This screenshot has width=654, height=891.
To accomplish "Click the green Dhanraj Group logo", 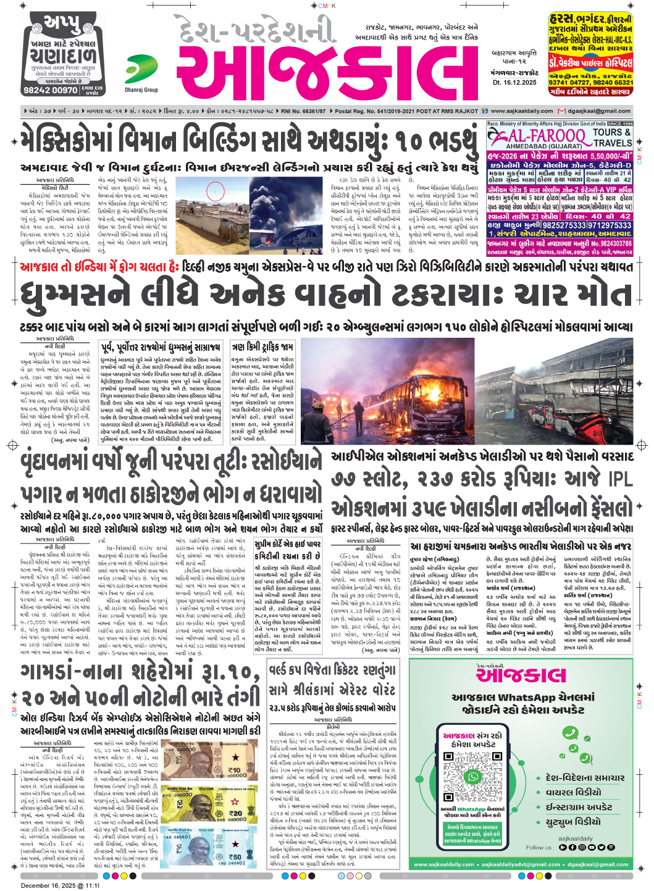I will [141, 69].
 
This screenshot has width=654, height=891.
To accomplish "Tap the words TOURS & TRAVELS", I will [612, 137].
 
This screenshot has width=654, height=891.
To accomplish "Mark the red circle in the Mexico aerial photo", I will [216, 190].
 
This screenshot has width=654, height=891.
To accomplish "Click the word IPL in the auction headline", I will [620, 479].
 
